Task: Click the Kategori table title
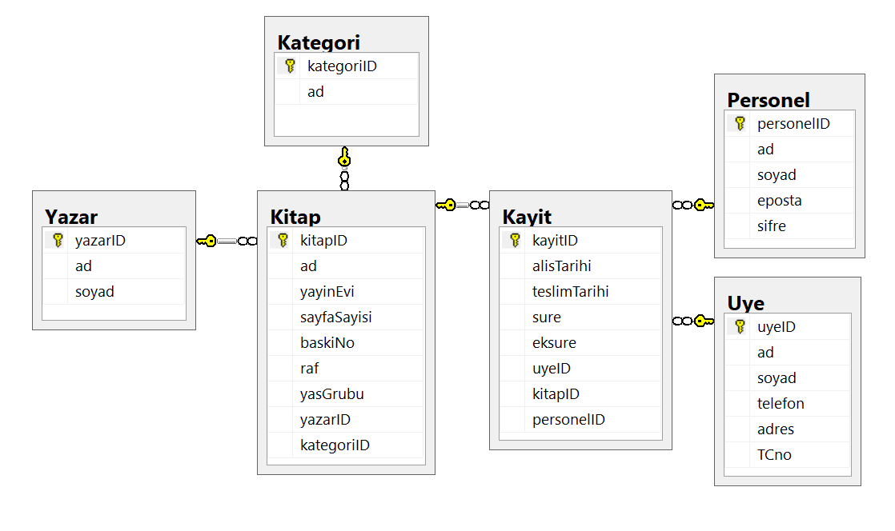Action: [319, 42]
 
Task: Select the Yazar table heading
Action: [71, 218]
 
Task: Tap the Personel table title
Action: [769, 101]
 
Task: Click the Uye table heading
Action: [745, 303]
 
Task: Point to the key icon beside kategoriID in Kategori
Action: [290, 66]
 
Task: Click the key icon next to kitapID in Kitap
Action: [283, 241]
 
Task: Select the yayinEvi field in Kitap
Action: [327, 292]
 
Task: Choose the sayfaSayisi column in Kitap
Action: [335, 317]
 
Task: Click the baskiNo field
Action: [327, 343]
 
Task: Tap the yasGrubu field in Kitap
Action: [331, 394]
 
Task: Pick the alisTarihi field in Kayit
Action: [562, 266]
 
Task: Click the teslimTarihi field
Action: [570, 292]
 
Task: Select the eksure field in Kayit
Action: [554, 343]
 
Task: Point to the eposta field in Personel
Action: [779, 201]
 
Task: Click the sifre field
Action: [771, 226]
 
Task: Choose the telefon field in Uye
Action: [781, 404]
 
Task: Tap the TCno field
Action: [774, 455]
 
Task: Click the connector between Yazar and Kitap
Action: [227, 242]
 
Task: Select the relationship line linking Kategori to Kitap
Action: [344, 168]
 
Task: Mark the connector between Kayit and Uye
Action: [693, 321]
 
